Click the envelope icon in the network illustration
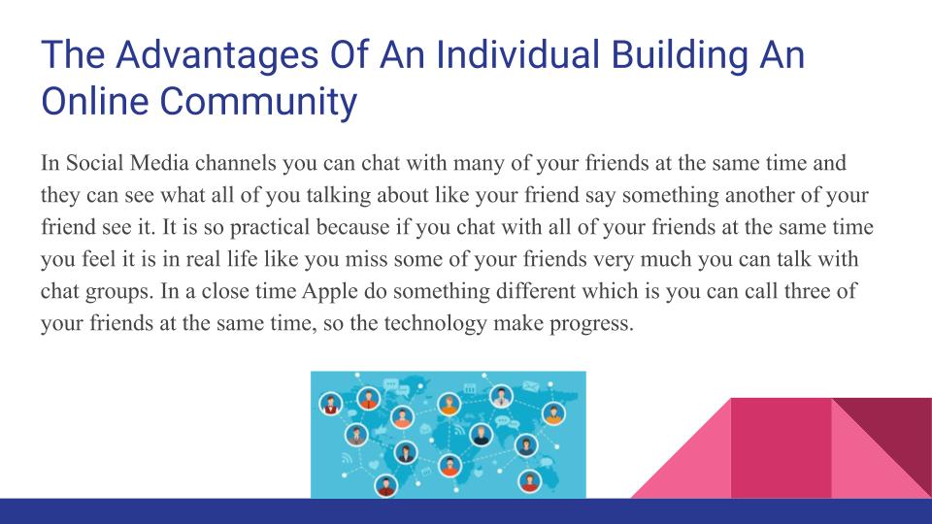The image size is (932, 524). (531, 386)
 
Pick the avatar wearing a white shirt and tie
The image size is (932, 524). (501, 395)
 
